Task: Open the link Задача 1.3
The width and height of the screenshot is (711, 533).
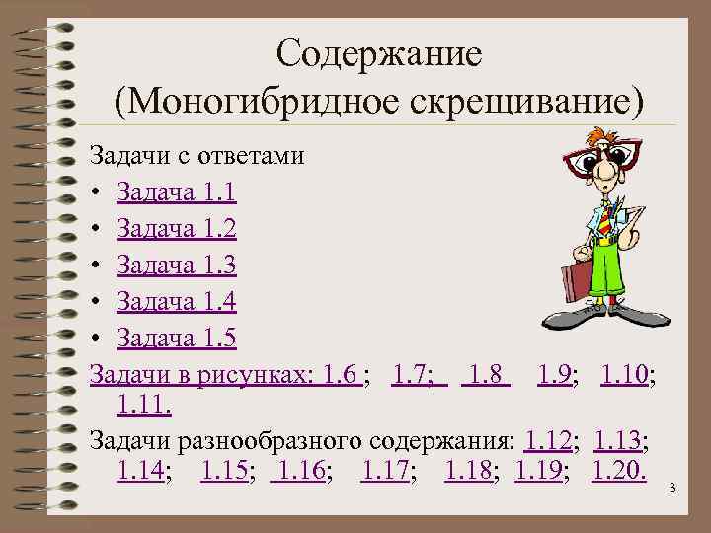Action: pos(176,266)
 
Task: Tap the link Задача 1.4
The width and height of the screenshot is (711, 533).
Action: pos(176,302)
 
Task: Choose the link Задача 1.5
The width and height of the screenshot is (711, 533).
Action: pos(176,339)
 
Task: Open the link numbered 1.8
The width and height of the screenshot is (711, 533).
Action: pos(487,375)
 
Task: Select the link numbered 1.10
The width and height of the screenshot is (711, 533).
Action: pos(626,375)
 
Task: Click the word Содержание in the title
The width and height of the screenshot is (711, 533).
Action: pos(379,52)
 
